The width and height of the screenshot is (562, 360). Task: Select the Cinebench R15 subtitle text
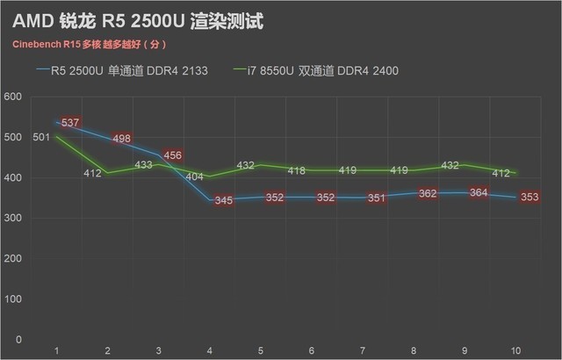click(x=88, y=44)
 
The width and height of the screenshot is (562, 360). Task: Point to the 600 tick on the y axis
click(x=14, y=97)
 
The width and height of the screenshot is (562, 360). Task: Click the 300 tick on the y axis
click(x=14, y=219)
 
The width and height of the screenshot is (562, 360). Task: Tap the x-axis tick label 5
click(x=262, y=351)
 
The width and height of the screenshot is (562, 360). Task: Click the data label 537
click(x=71, y=122)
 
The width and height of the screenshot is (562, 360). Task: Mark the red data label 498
click(x=122, y=138)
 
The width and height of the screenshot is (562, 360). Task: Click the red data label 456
click(x=172, y=155)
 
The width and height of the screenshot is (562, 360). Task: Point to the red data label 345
click(x=223, y=200)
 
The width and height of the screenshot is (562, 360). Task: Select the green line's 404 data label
click(x=196, y=176)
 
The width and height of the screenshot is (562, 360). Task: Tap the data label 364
click(x=479, y=192)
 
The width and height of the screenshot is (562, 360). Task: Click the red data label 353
click(x=530, y=197)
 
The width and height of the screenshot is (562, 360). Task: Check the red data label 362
click(x=428, y=193)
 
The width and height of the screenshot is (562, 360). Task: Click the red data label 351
click(x=377, y=198)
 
